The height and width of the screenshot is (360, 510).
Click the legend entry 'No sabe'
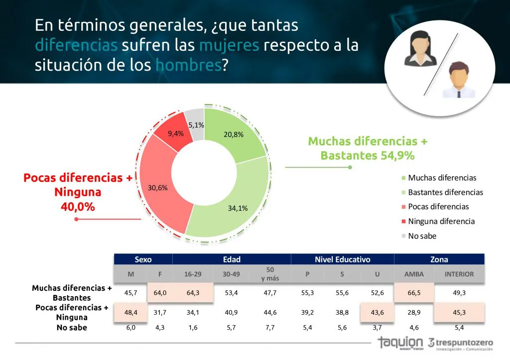(x=422, y=236)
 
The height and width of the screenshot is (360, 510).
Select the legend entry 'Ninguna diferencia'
(x=441, y=222)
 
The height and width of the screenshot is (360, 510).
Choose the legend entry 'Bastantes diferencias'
(x=445, y=192)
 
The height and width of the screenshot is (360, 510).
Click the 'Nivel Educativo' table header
(x=342, y=259)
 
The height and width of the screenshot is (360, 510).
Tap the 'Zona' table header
(x=439, y=259)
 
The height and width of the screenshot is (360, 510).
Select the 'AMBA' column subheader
(x=413, y=274)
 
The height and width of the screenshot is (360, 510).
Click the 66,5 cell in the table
(x=414, y=293)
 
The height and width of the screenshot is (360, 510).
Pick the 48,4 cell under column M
(x=130, y=312)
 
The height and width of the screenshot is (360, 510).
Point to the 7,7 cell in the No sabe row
(x=270, y=327)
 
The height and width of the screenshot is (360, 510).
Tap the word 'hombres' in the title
(x=188, y=65)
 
